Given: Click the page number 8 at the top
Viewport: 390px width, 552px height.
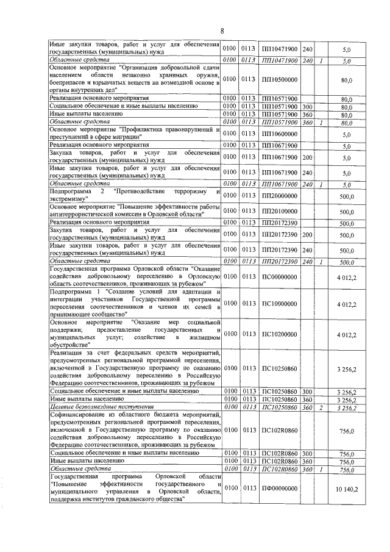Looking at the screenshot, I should point(222,30).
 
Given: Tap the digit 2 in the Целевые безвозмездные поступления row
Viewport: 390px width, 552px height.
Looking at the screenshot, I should point(320,407).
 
